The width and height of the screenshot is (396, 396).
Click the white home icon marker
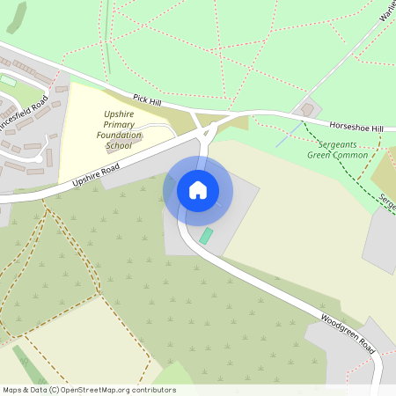(198, 189)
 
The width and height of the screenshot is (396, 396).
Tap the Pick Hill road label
(148, 103)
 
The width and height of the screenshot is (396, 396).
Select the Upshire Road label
(96, 172)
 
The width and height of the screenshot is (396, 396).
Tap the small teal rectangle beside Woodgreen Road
(206, 236)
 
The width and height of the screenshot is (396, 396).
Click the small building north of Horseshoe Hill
(307, 110)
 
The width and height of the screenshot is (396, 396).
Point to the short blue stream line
(283, 136)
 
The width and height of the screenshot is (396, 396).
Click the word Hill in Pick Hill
(155, 105)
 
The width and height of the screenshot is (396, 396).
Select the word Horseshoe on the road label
(348, 126)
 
